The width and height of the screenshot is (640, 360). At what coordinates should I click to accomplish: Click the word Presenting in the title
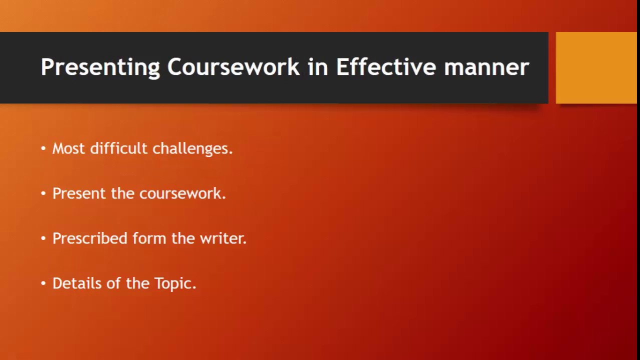pyautogui.click(x=100, y=67)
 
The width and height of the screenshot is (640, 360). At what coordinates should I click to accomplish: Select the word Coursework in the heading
pyautogui.click(x=233, y=67)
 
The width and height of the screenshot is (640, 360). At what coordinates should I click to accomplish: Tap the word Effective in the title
pyautogui.click(x=385, y=67)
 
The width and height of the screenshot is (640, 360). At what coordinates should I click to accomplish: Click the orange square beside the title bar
pyautogui.click(x=596, y=68)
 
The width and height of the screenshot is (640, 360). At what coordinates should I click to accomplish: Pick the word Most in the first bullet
pyautogui.click(x=68, y=148)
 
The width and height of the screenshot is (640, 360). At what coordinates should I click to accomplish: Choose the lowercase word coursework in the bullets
pyautogui.click(x=182, y=193)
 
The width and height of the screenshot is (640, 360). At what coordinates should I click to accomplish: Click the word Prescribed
pyautogui.click(x=89, y=238)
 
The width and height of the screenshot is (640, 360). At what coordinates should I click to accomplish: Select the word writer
pyautogui.click(x=222, y=238)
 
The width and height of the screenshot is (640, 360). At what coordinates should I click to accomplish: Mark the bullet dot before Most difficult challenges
pyautogui.click(x=43, y=148)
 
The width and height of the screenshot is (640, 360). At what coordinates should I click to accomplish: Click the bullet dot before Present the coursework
pyautogui.click(x=43, y=193)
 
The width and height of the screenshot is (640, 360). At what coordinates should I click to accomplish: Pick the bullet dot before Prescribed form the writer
pyautogui.click(x=43, y=238)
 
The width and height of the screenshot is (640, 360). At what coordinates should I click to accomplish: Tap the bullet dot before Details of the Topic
pyautogui.click(x=43, y=283)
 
